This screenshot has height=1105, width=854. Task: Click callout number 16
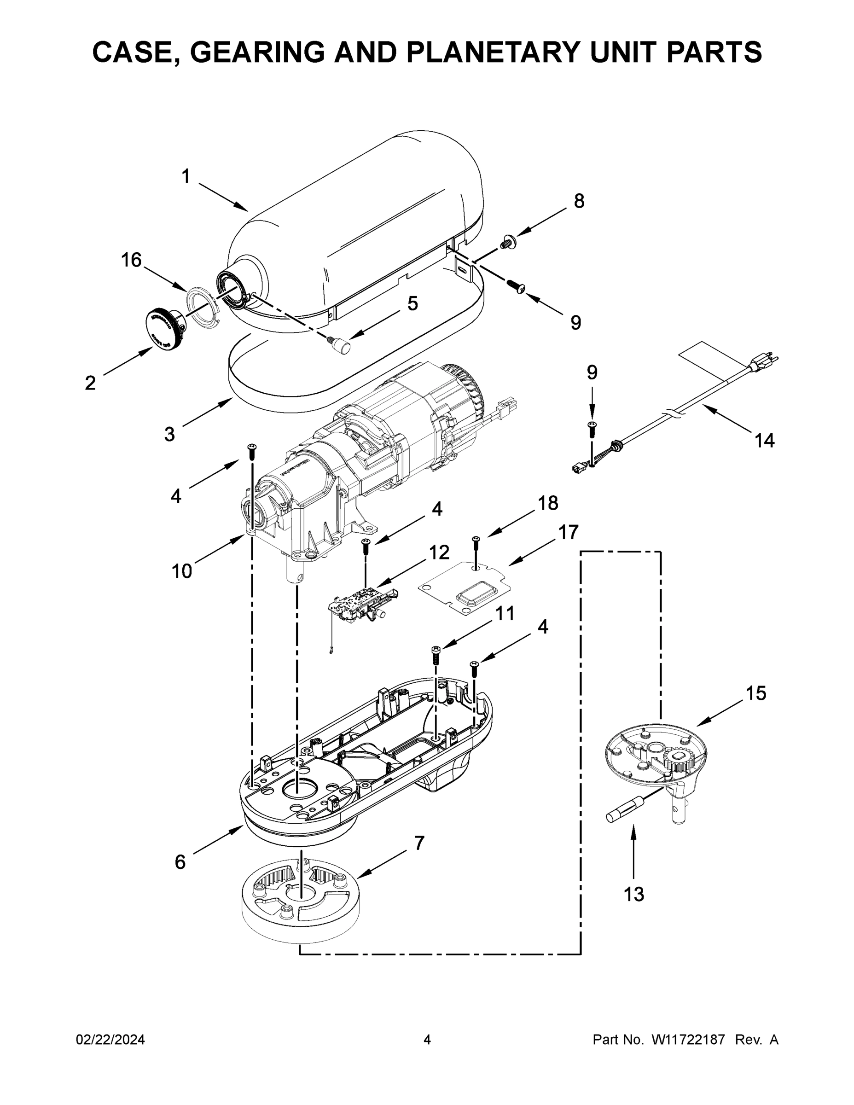[131, 260]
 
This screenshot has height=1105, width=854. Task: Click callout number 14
[764, 441]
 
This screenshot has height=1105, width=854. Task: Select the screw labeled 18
[475, 543]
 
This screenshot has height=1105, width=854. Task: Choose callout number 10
[182, 571]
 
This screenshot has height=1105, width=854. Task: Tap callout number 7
[419, 843]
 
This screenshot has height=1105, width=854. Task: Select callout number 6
[180, 861]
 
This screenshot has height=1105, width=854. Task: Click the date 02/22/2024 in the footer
[110, 1040]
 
